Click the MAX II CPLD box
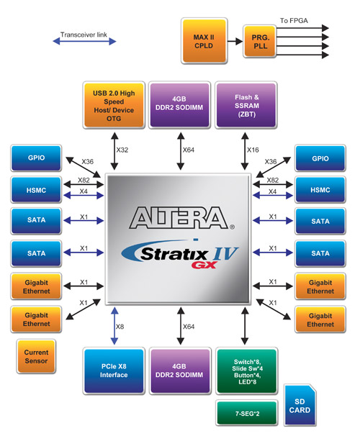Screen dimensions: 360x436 click(204, 41)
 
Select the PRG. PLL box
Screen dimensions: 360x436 click(260, 41)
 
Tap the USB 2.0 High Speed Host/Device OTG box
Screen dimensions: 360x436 click(114, 105)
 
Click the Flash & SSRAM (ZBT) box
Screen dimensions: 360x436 click(246, 105)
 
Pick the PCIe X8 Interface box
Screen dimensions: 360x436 click(114, 371)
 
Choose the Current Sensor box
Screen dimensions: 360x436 click(36, 356)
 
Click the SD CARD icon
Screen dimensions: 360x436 click(300, 405)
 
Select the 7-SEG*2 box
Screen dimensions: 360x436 click(247, 413)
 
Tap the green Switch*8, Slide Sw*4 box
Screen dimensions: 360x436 click(247, 371)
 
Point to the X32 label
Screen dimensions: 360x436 click(122, 150)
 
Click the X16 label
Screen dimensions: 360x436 click(253, 150)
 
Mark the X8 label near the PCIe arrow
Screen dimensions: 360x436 click(120, 327)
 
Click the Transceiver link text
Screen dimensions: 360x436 click(84, 35)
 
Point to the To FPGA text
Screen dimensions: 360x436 click(294, 21)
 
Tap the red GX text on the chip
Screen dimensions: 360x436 click(204, 265)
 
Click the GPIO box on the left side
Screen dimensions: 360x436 click(36, 158)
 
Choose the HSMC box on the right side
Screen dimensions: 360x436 click(320, 190)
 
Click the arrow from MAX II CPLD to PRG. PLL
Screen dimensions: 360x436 click(235, 42)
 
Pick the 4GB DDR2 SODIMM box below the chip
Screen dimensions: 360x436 click(180, 371)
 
